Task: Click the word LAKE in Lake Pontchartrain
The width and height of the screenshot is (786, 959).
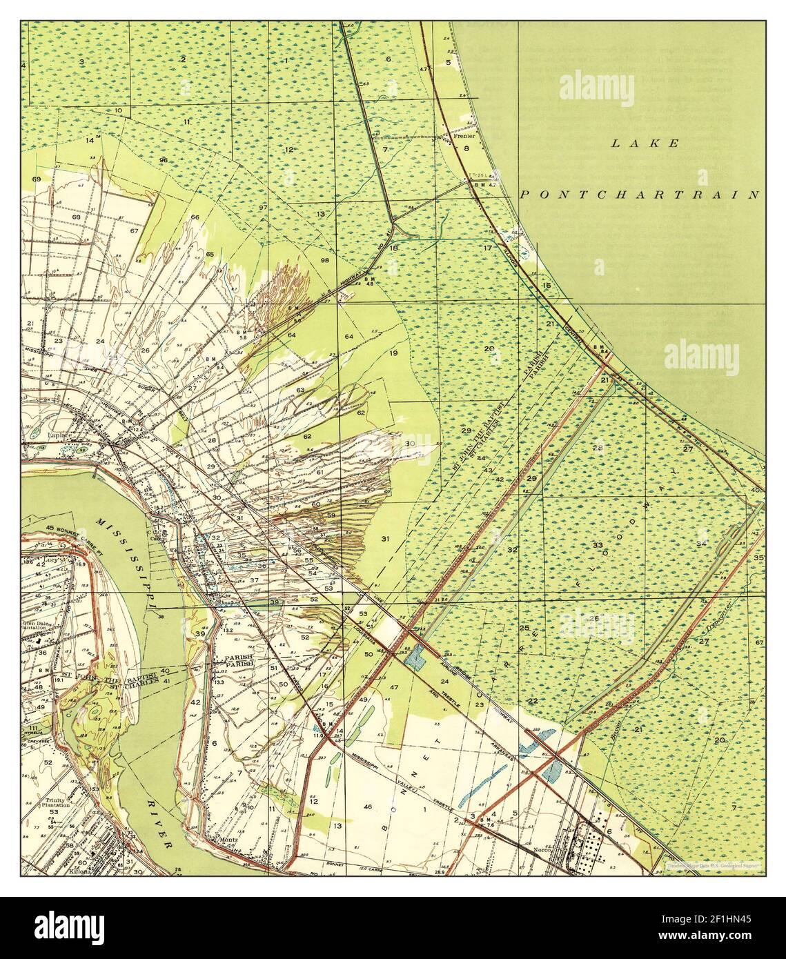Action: pos(645,144)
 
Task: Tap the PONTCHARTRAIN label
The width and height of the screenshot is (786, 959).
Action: pos(639,195)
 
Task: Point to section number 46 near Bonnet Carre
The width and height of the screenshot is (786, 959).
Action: pos(368,806)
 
